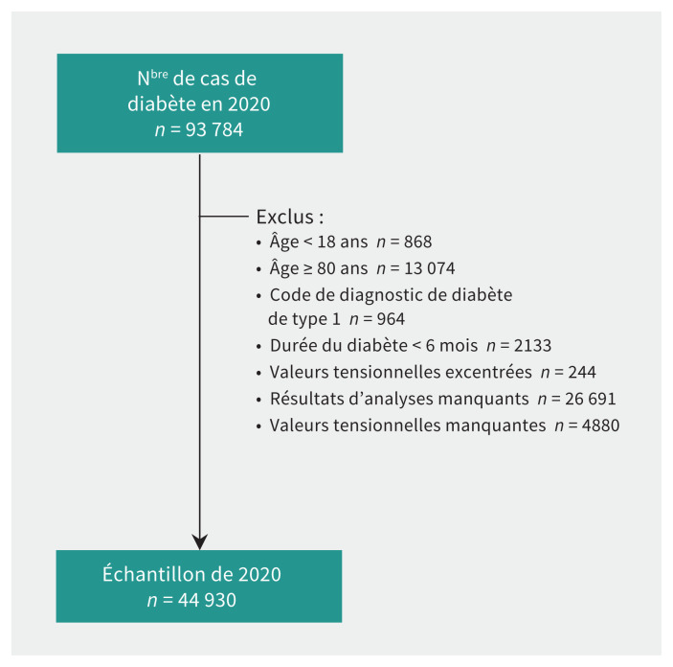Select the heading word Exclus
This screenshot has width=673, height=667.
283,217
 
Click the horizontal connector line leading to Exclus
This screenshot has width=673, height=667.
225,217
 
